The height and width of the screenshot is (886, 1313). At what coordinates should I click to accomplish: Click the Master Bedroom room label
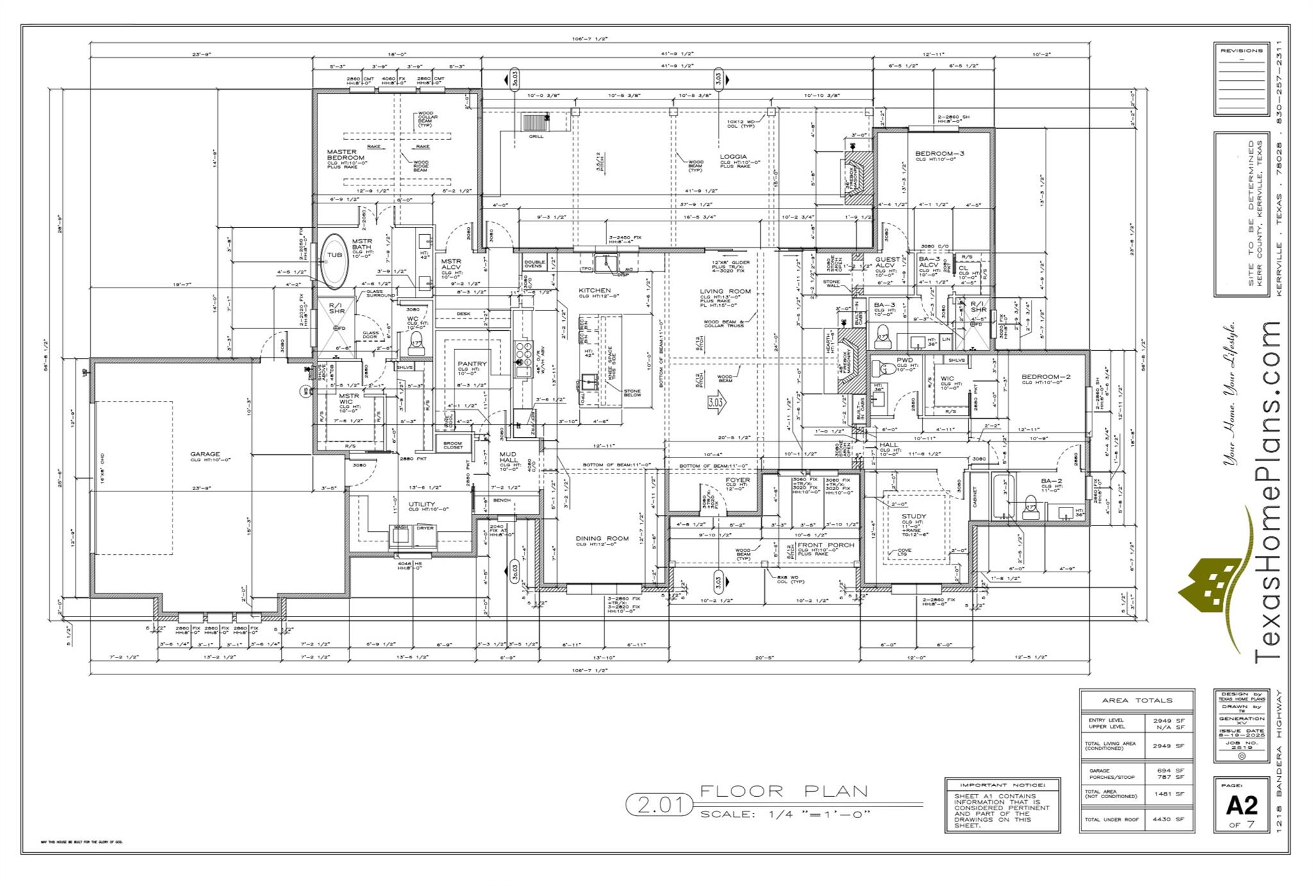point(345,155)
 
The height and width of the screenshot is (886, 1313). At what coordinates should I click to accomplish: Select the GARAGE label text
point(205,454)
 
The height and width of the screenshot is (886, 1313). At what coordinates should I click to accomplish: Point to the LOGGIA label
point(733,157)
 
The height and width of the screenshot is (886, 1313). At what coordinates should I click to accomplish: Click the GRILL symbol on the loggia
point(533,123)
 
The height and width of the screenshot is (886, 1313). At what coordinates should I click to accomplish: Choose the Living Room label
point(724,291)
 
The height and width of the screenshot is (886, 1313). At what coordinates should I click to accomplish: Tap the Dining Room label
point(602,538)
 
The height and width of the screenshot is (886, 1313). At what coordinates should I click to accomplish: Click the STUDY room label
point(913,516)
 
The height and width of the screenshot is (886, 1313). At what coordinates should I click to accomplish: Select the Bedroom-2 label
point(1046,377)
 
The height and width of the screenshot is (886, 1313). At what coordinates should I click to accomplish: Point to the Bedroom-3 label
point(939,153)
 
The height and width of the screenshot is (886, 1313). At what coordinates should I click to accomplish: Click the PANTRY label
point(472,364)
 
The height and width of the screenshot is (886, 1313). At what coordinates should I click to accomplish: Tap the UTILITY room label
point(422,504)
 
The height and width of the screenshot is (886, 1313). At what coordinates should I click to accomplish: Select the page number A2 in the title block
point(1241,805)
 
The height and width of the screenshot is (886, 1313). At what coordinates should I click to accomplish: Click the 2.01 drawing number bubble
point(659,804)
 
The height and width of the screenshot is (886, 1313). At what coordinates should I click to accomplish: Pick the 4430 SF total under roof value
point(1168,819)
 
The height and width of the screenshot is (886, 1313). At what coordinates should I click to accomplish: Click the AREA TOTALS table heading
point(1137,701)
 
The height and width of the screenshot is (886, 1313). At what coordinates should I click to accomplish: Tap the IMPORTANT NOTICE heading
point(1002,785)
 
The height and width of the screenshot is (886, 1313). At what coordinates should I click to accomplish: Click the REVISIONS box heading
point(1241,50)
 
